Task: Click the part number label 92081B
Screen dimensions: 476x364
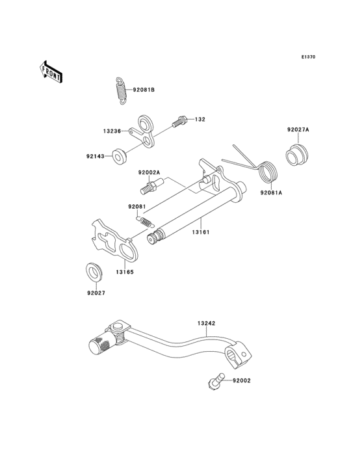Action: point(144,90)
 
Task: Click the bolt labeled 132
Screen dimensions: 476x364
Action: point(179,121)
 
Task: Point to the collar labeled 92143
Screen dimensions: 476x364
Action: point(119,156)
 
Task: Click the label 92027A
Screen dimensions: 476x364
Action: point(298,130)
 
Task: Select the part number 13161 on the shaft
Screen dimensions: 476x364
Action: point(200,230)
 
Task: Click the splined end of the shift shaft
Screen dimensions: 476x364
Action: point(154,238)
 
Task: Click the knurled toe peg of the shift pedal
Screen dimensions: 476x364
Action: point(99,345)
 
